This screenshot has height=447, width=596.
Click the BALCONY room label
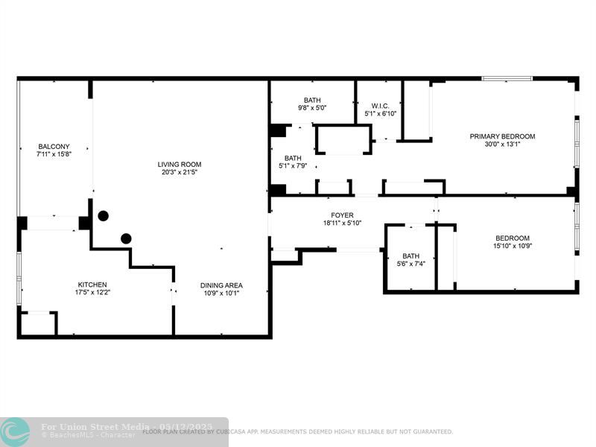(54, 146)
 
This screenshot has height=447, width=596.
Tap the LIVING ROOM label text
(179, 164)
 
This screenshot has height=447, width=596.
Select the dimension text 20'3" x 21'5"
(179, 172)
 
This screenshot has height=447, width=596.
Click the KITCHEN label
(92, 285)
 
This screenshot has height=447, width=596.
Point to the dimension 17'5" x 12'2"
(92, 293)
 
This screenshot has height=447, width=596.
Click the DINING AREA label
(221, 285)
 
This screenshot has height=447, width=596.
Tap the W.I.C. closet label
(380, 106)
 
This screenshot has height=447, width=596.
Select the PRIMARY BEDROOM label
(502, 136)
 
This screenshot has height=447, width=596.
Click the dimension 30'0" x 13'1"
(502, 145)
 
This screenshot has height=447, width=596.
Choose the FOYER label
(342, 215)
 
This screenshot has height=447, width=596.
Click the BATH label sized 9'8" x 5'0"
(311, 100)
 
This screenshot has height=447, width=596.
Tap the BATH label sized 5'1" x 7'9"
(293, 158)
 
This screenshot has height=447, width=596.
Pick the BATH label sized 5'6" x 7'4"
(410, 256)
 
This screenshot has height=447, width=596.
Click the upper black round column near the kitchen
(103, 216)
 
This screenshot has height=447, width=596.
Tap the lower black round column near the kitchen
(127, 238)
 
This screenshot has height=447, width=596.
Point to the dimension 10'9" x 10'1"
(221, 294)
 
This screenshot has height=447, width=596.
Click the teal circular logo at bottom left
(16, 431)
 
